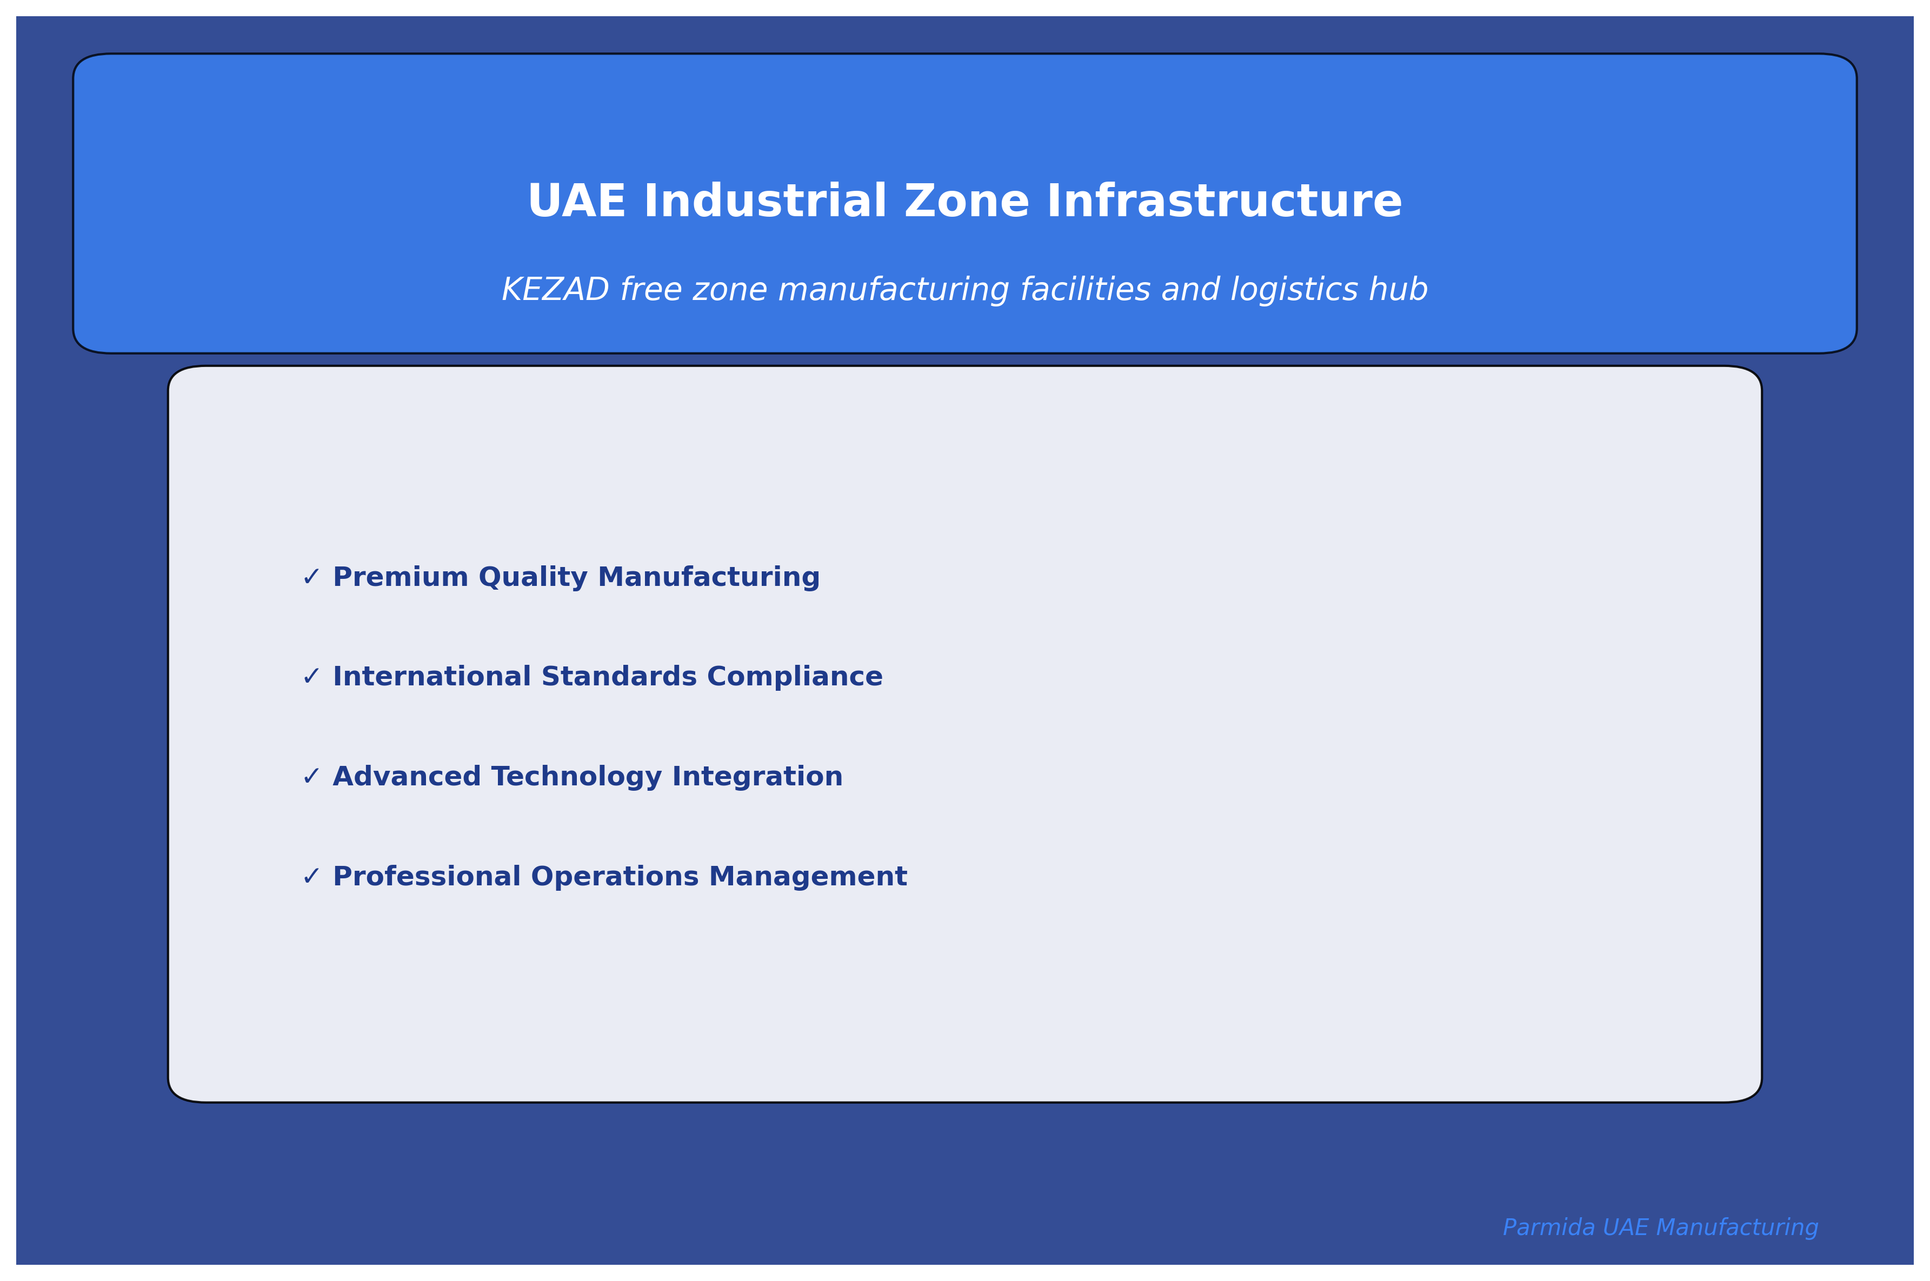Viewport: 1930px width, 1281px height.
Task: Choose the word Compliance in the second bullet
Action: click(794, 677)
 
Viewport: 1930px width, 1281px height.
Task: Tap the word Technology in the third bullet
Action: click(576, 777)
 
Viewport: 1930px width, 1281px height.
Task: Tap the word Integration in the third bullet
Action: click(757, 777)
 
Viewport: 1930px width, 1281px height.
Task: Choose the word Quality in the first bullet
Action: click(533, 578)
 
